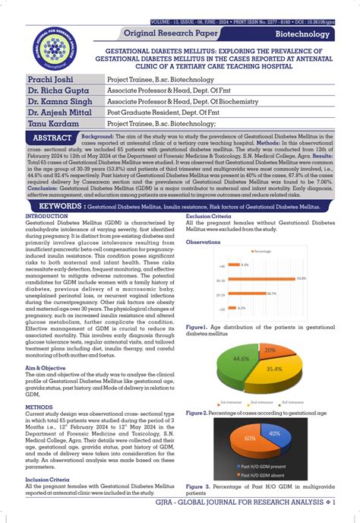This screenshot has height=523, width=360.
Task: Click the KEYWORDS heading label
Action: pos(60,206)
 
